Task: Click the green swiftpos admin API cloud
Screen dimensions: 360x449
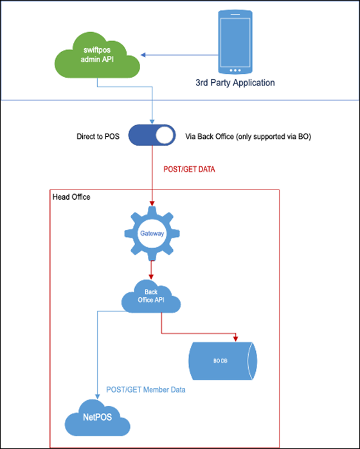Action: tap(97, 55)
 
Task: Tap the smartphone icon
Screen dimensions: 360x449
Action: tap(235, 42)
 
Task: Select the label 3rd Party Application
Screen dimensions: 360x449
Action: tap(235, 83)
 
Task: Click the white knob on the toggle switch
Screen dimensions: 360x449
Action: tap(165, 135)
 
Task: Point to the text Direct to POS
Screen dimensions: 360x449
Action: tap(98, 136)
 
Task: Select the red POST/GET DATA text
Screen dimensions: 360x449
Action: tap(189, 169)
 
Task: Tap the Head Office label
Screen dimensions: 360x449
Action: tap(71, 197)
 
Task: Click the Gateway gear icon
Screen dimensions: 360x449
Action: tap(152, 233)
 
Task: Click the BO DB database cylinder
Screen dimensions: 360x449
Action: tap(222, 361)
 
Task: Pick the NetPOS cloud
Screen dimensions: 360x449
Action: tap(98, 418)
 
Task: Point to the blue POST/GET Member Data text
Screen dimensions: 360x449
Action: tap(146, 390)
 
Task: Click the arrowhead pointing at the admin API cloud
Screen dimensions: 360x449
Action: tap(143, 55)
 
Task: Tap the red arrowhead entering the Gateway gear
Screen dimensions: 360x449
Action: tap(152, 204)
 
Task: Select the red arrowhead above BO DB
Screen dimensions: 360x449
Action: tap(235, 339)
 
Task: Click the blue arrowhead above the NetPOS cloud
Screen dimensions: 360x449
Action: tap(98, 396)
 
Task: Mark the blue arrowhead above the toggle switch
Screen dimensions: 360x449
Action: tap(152, 121)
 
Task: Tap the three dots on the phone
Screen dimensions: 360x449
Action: tap(235, 70)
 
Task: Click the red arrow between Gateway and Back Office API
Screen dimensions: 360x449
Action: tap(151, 270)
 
